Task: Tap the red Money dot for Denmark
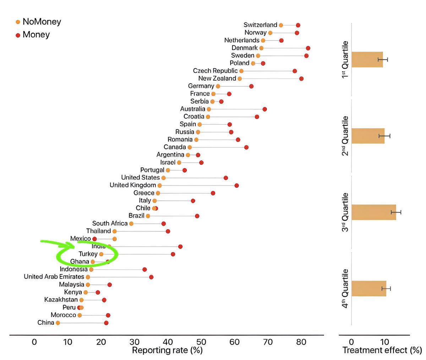[x=308, y=48]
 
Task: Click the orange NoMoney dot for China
[x=58, y=323]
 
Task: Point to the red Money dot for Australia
[x=264, y=109]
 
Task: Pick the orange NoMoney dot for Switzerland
[x=281, y=25]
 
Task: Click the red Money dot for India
[x=180, y=247]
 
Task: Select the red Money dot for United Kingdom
[x=236, y=186]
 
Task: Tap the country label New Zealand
[x=217, y=79]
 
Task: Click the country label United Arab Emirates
[x=54, y=277]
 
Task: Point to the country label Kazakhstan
[x=61, y=300]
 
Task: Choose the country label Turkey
[x=88, y=254]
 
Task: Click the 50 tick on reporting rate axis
[x=201, y=342]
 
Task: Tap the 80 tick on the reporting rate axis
[x=301, y=342]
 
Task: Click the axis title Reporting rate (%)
[x=167, y=350]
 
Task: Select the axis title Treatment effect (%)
[x=382, y=350]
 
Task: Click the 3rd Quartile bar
[x=373, y=212]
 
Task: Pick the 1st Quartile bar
[x=367, y=59]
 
